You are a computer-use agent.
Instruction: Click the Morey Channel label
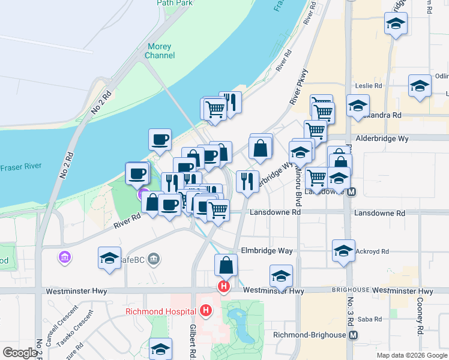[x=160, y=51]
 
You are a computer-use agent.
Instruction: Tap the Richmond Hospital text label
[x=161, y=311]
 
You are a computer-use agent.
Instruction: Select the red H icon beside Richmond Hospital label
[x=206, y=311]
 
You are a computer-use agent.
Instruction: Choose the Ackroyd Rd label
[x=372, y=251]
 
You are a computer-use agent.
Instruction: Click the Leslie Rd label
[x=369, y=86]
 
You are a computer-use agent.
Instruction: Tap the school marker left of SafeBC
[x=110, y=258]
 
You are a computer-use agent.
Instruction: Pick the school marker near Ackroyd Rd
[x=343, y=251]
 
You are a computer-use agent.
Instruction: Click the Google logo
[x=20, y=353]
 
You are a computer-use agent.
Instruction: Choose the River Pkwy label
[x=302, y=88]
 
